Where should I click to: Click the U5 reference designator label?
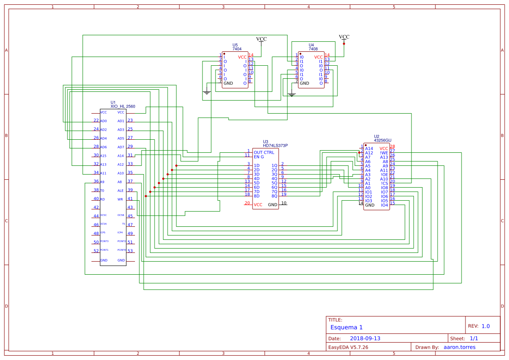[x=235, y=45]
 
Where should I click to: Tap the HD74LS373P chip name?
[x=275, y=145]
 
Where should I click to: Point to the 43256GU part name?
[x=383, y=140]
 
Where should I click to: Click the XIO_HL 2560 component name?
[x=123, y=106]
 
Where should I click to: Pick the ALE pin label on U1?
[x=120, y=191]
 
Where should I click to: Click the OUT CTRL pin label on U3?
[x=264, y=152]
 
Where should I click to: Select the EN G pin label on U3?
[x=259, y=157]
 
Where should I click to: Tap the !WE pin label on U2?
[x=384, y=153]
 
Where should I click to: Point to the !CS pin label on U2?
[x=384, y=183]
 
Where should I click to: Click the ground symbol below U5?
[x=207, y=92]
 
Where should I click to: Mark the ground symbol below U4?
[x=292, y=94]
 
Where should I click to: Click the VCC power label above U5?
[x=261, y=39]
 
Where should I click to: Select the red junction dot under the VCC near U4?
[x=344, y=44]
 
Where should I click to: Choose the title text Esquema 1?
[x=346, y=327]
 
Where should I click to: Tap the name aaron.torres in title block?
[x=459, y=347]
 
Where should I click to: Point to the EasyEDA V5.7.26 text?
[x=348, y=347]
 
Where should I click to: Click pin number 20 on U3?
[x=247, y=203]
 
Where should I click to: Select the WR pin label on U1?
[x=120, y=199]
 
